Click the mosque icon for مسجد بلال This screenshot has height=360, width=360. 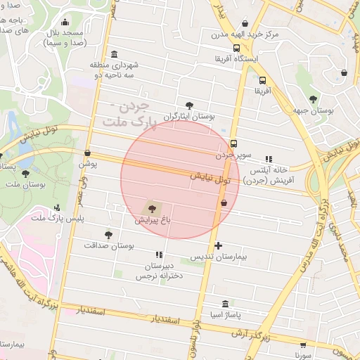click(66, 22)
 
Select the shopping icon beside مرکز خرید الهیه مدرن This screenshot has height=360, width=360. click(244, 23)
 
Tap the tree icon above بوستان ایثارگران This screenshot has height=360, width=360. click(188, 105)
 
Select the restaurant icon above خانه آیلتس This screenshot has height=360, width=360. click(268, 159)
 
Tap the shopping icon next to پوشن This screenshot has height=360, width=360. click(87, 153)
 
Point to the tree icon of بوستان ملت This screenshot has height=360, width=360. click(26, 173)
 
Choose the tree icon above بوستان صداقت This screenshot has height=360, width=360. click(108, 235)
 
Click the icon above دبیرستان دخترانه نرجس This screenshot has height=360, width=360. click(158, 254)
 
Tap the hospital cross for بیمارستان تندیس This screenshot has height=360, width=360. click(219, 246)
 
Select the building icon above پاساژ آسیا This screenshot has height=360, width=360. click(224, 304)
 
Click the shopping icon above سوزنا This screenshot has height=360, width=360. click(303, 345)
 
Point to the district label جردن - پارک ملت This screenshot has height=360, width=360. click(127, 115)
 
